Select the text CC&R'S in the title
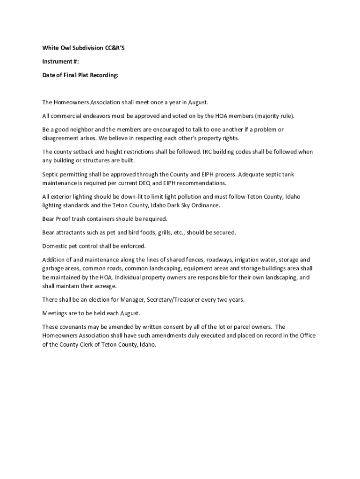(115, 47)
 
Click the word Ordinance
(203, 205)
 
